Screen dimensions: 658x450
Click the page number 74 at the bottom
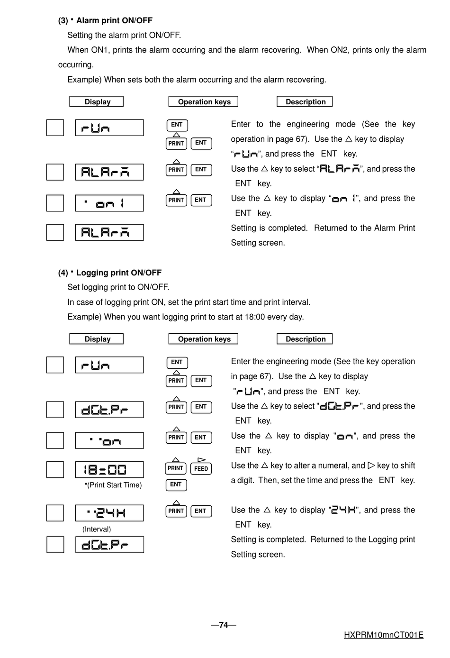coord(224,625)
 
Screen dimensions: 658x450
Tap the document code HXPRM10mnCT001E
coord(383,635)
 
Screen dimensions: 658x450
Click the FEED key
coord(201,469)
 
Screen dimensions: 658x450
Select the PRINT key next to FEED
coord(175,468)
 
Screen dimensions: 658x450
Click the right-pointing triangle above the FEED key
coord(201,459)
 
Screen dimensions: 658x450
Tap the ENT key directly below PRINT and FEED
coord(176,484)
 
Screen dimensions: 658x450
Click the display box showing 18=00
coord(109,470)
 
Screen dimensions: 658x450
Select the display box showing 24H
coord(109,513)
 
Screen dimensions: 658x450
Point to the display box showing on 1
coord(109,203)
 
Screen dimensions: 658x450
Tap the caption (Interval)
coord(97,529)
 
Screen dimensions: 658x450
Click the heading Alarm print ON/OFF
coord(114,20)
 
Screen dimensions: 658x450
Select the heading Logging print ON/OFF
coord(118,273)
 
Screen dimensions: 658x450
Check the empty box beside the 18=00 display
coord(55,470)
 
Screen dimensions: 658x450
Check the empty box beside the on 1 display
coord(55,203)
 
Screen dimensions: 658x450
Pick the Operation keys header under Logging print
coord(204,339)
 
